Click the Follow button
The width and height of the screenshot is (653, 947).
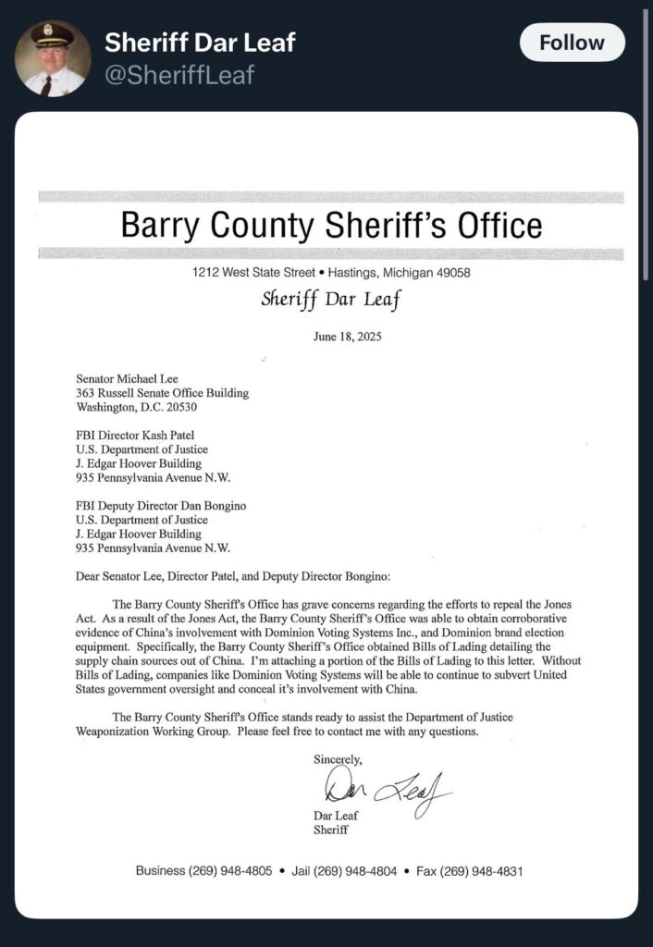[572, 43]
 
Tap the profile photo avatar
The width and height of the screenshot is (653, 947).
[52, 57]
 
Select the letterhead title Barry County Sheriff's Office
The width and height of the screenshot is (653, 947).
[331, 225]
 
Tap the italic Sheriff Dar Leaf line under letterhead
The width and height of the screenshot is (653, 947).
[331, 299]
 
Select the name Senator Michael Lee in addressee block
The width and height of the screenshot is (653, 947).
[129, 378]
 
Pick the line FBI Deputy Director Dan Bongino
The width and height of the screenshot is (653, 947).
[160, 507]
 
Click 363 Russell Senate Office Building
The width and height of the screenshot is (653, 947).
[162, 392]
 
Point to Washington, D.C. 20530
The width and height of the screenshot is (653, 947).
[136, 406]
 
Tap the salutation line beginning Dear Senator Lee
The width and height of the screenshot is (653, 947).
[233, 577]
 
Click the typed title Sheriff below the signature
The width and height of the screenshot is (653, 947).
[331, 830]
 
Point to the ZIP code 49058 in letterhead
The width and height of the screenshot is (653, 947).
[451, 273]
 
